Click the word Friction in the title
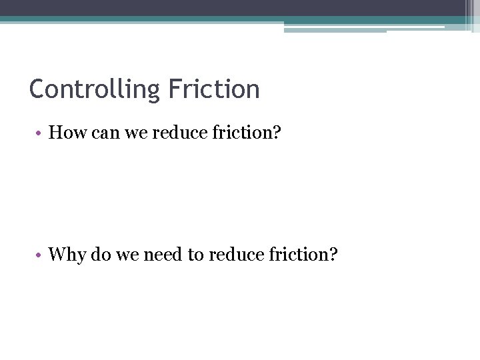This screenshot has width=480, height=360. [x=214, y=89]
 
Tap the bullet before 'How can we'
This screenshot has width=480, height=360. [x=40, y=133]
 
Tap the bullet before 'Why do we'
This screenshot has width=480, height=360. [x=40, y=255]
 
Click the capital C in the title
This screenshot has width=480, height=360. [x=37, y=89]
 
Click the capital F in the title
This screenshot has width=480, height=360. [x=175, y=89]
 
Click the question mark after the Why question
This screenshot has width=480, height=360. [x=334, y=255]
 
